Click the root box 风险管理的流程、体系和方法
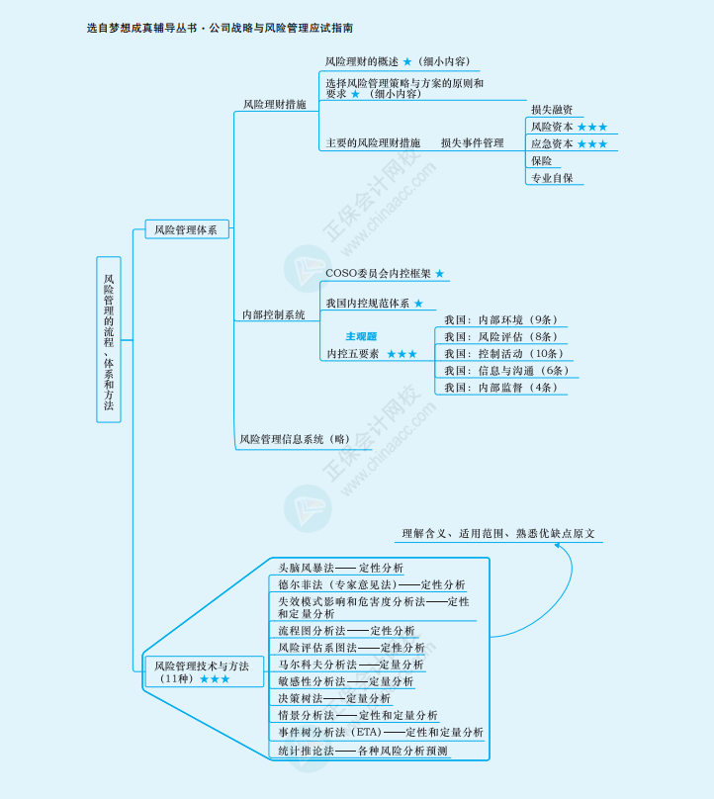[109, 339]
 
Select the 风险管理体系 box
[186, 229]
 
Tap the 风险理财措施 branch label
[275, 104]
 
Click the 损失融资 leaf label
[551, 110]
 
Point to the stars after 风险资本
[592, 127]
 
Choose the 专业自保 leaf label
[551, 179]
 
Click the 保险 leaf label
[541, 161]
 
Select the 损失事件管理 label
[473, 143]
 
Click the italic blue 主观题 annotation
[361, 336]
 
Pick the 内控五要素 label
[353, 353]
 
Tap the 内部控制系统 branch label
[275, 314]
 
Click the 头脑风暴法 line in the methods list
[307, 569]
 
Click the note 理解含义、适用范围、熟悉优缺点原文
[498, 534]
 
